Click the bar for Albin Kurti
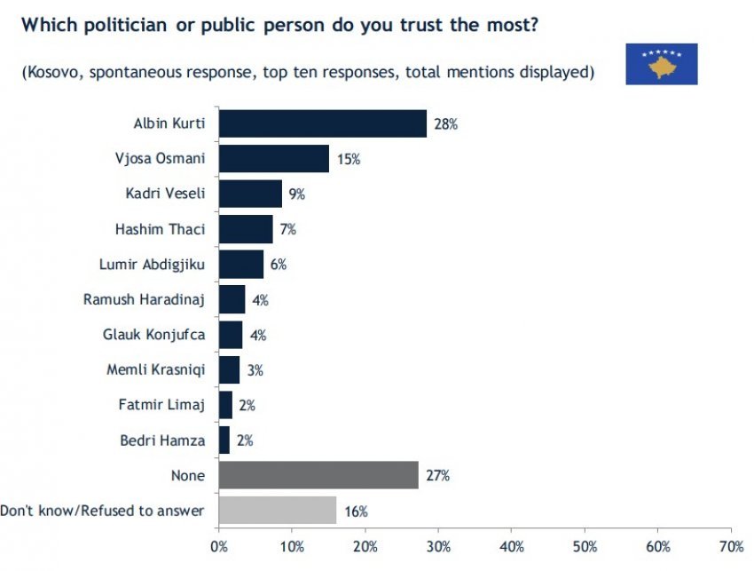(x=322, y=123)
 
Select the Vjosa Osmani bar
(x=273, y=159)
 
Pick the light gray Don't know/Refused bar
(x=277, y=511)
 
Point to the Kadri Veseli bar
(x=250, y=194)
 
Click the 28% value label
(x=445, y=124)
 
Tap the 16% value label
(x=356, y=511)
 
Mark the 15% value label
(x=347, y=160)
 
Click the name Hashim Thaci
(x=161, y=229)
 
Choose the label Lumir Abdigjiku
(x=152, y=264)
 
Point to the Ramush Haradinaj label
(x=144, y=299)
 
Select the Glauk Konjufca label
(x=154, y=335)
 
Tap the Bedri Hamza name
(x=161, y=440)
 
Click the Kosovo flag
(x=661, y=64)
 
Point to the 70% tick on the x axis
(x=730, y=544)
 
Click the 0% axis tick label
(x=218, y=544)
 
